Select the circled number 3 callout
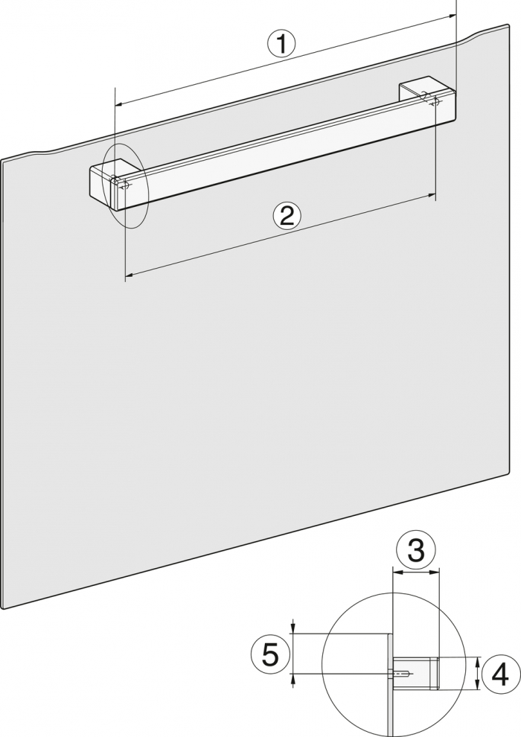click(416, 550)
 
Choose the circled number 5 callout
click(270, 654)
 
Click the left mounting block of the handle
click(112, 183)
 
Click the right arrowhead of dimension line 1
click(452, 16)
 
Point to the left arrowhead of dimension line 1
click(119, 103)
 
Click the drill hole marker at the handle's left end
click(124, 185)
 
